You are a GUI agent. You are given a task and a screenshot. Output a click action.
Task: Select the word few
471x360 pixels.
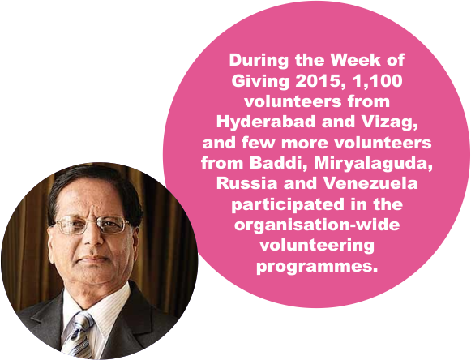click(258, 143)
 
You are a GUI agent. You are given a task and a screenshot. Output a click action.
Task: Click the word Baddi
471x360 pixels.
click(279, 164)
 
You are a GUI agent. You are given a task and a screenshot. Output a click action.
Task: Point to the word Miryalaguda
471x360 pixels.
click(374, 164)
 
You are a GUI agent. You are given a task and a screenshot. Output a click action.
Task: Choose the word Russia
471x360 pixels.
click(246, 184)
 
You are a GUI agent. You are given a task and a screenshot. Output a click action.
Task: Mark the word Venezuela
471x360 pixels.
click(370, 184)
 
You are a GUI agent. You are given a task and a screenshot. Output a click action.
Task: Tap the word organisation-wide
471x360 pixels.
click(317, 225)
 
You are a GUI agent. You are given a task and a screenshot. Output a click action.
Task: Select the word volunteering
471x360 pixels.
click(317, 246)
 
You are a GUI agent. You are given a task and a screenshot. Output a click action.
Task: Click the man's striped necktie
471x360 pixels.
click(77, 334)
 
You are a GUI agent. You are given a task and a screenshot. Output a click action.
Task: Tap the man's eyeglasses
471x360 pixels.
click(92, 224)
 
